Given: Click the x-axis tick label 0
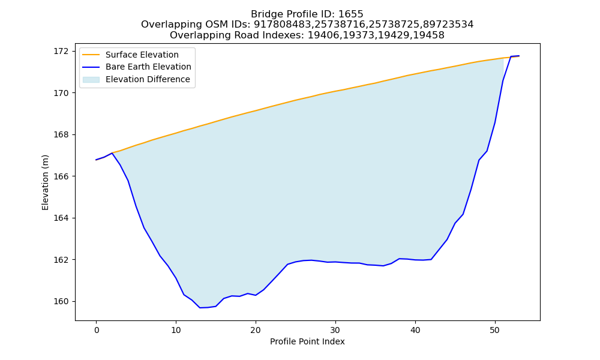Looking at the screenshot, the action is pyautogui.click(x=96, y=330).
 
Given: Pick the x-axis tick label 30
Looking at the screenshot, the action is pyautogui.click(x=335, y=330).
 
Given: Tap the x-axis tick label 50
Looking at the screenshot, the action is pyautogui.click(x=495, y=330).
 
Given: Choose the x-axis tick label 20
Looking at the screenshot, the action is pyautogui.click(x=256, y=330).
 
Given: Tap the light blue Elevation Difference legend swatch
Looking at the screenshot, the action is pyautogui.click(x=91, y=80).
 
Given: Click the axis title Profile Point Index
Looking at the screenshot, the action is pyautogui.click(x=307, y=341).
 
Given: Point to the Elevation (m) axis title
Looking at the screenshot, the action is pyautogui.click(x=45, y=182).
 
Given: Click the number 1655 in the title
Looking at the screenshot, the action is pyautogui.click(x=350, y=14).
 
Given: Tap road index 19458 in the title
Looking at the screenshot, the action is pyautogui.click(x=430, y=35).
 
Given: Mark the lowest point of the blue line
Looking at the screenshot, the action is pyautogui.click(x=200, y=308).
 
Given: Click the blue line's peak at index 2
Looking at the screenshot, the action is pyautogui.click(x=112, y=153).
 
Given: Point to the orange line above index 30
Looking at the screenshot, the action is pyautogui.click(x=335, y=91).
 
